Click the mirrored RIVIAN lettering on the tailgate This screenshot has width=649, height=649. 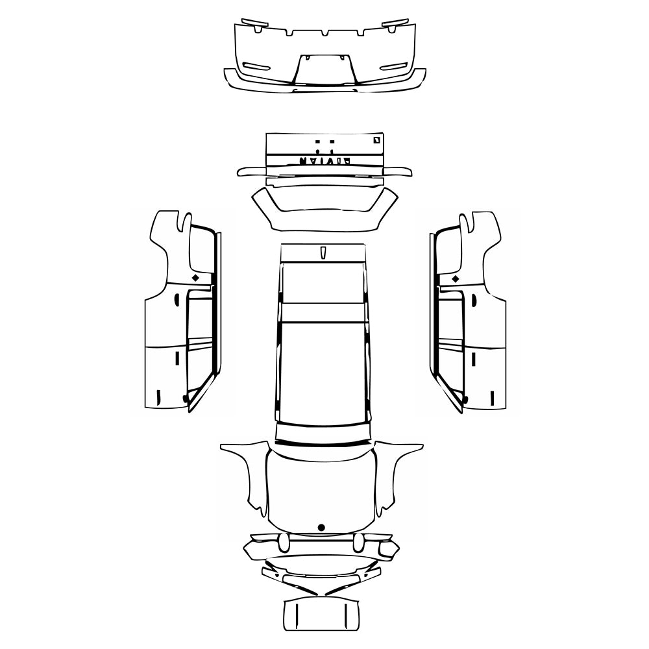pos(324,160)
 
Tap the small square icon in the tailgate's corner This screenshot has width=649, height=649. pos(376,139)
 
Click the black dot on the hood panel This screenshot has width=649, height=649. pos(321,526)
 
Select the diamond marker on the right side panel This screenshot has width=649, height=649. pos(455,278)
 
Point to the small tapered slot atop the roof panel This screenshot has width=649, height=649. pos(323,252)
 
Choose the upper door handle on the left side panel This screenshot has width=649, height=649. pos(177,300)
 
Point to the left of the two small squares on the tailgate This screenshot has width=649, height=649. pos(317,141)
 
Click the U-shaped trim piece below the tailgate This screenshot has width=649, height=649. pos(324,208)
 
